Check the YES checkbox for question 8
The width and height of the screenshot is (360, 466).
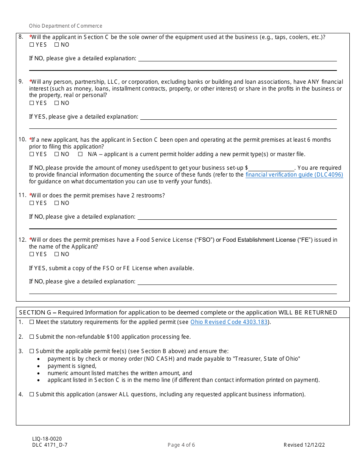(x=31, y=45)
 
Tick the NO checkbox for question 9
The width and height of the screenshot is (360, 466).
(x=56, y=103)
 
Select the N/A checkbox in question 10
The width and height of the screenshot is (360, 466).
(x=80, y=154)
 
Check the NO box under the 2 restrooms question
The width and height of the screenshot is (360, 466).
(x=56, y=203)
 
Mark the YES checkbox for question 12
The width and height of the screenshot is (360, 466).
(x=31, y=254)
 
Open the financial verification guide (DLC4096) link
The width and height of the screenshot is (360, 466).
(x=294, y=175)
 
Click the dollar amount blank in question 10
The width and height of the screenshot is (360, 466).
(x=271, y=168)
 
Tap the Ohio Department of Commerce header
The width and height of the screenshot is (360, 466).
(x=66, y=26)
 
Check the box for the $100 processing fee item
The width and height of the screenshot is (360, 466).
(x=32, y=337)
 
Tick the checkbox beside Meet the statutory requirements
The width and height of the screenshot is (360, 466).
(x=32, y=322)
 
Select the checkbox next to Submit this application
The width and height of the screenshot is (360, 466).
(x=32, y=394)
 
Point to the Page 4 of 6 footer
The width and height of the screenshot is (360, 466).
(x=181, y=445)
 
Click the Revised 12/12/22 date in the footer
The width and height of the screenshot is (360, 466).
(x=304, y=445)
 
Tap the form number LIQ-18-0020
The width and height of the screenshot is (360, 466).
(x=47, y=439)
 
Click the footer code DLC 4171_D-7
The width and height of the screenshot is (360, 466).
(x=50, y=445)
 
